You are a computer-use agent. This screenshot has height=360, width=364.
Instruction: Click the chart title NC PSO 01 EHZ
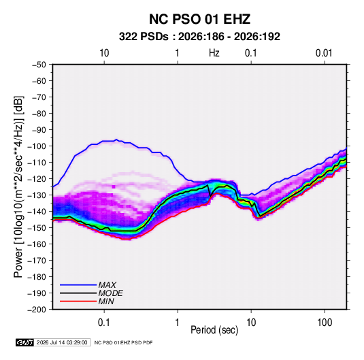click(199, 19)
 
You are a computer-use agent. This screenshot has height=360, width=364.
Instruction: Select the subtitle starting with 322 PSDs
click(199, 37)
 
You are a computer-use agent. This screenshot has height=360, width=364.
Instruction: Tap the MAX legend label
click(107, 285)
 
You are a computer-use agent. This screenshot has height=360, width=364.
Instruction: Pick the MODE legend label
click(110, 293)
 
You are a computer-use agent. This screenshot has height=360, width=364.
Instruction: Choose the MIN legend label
click(106, 301)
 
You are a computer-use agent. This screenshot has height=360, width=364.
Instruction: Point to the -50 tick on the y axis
click(39, 65)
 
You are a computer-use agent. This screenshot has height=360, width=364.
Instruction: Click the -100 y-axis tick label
click(37, 146)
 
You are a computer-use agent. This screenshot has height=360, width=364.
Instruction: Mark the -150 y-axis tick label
click(37, 228)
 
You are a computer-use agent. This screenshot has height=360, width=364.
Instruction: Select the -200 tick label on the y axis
click(37, 310)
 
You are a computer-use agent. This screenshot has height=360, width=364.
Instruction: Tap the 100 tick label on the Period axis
click(325, 323)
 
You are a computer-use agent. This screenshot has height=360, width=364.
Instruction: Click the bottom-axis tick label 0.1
click(104, 323)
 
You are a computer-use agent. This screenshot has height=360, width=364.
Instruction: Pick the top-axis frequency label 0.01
click(324, 53)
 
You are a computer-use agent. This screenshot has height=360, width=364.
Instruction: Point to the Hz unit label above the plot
click(214, 53)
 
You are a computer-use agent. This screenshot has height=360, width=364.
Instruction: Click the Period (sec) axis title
click(214, 330)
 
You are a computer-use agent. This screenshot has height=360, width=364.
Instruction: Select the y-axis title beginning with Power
click(18, 186)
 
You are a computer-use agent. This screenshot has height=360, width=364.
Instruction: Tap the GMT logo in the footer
click(25, 342)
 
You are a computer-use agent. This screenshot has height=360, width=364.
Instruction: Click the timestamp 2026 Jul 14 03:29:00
click(62, 342)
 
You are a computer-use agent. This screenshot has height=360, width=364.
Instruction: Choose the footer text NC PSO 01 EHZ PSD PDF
click(124, 342)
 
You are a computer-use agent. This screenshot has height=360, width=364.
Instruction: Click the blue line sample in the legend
click(78, 285)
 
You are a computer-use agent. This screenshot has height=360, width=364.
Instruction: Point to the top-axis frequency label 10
click(104, 53)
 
